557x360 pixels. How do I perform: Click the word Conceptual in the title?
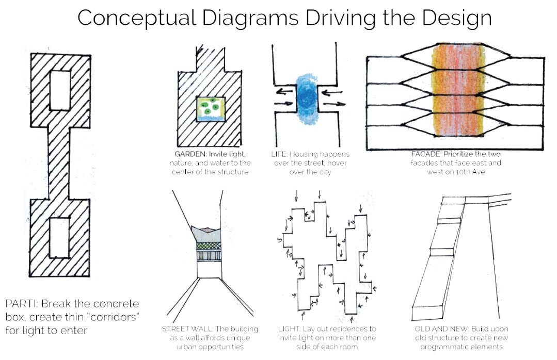[135, 18]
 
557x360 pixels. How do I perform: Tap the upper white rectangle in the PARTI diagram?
[60, 90]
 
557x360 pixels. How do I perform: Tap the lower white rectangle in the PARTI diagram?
[59, 237]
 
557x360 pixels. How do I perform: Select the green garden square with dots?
[210, 108]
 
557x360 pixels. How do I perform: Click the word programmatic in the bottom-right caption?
[445, 347]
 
